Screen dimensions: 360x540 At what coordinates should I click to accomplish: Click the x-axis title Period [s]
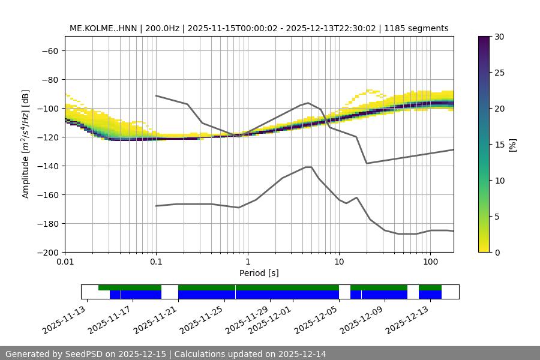(259, 273)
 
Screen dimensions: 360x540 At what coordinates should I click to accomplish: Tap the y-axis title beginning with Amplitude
(26, 144)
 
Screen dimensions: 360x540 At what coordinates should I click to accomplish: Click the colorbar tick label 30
(499, 37)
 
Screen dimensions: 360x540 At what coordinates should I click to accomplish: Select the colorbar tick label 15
(499, 145)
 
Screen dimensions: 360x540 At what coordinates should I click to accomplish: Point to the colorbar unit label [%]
(512, 145)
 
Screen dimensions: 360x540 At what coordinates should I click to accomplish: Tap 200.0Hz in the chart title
(161, 28)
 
